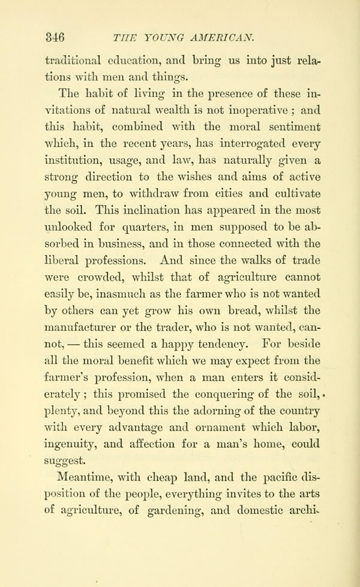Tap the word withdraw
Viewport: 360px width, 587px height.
point(139,193)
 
